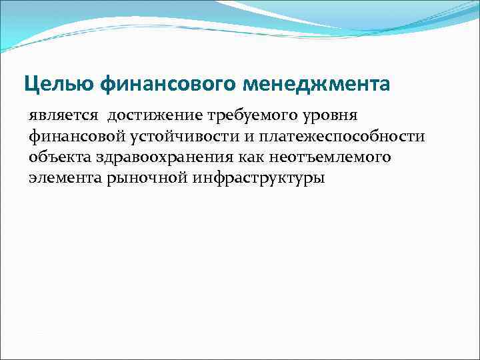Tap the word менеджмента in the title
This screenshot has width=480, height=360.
[x=317, y=85]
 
